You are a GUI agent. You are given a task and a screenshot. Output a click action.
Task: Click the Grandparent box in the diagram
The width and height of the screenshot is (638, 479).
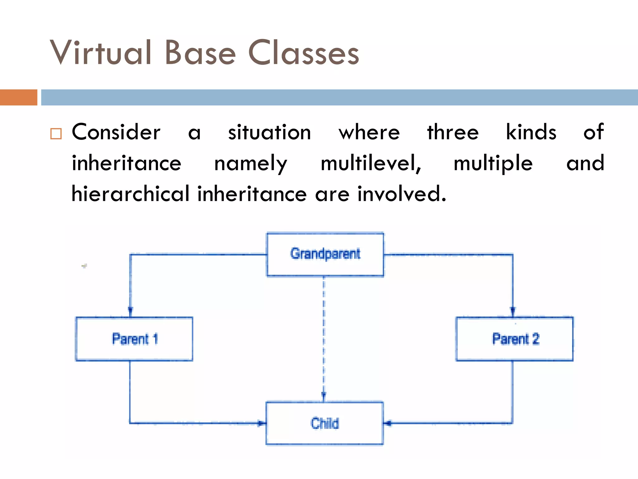pyautogui.click(x=325, y=254)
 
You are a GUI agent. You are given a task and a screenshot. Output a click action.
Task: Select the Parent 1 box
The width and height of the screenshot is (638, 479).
pyautogui.click(x=134, y=339)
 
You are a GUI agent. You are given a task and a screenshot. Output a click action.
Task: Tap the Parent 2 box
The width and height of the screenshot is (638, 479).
pyautogui.click(x=514, y=339)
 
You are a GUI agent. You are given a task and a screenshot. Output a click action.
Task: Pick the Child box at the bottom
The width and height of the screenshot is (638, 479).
pyautogui.click(x=324, y=423)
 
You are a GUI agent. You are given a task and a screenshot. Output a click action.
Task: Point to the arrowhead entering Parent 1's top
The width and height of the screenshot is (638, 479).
pyautogui.click(x=131, y=311)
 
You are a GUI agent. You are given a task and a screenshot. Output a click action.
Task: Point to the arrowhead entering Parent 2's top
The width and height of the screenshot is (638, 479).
pyautogui.click(x=513, y=311)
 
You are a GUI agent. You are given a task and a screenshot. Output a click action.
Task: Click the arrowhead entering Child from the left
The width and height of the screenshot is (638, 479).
pyautogui.click(x=261, y=423)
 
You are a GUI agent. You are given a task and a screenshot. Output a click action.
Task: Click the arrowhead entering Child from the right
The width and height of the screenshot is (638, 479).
pyautogui.click(x=388, y=423)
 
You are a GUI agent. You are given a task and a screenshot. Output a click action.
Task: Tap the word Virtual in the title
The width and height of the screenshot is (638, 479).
pyautogui.click(x=101, y=53)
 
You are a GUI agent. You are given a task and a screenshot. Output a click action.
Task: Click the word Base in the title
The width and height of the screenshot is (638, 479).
pyautogui.click(x=200, y=53)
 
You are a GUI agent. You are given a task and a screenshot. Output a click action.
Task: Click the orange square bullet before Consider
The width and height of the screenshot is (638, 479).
pyautogui.click(x=56, y=133)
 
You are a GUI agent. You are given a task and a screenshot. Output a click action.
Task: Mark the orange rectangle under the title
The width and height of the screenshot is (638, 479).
pyautogui.click(x=18, y=97)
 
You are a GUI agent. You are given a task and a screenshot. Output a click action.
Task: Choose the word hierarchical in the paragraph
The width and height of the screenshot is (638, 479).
pyautogui.click(x=130, y=194)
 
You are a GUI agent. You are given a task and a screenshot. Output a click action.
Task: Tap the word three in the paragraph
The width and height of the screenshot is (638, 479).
pyautogui.click(x=453, y=132)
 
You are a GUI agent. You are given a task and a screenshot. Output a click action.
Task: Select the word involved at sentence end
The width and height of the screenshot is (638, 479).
pyautogui.click(x=401, y=194)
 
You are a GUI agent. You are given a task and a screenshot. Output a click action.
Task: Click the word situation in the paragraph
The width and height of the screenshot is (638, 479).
pyautogui.click(x=269, y=132)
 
